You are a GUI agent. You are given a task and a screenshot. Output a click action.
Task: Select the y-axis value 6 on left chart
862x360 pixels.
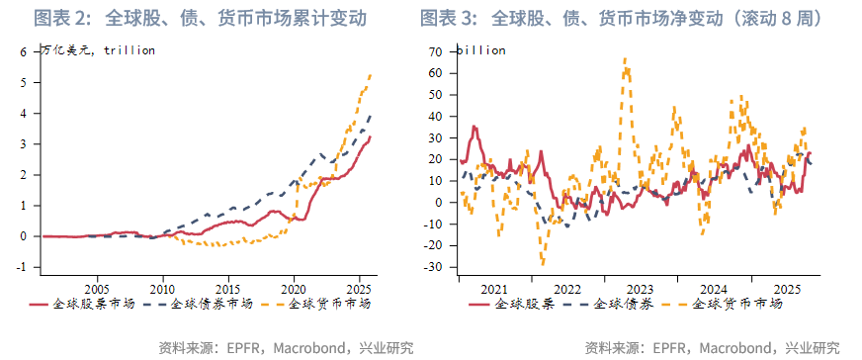point(23,51)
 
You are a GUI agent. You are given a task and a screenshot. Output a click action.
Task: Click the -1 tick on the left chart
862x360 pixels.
point(21,267)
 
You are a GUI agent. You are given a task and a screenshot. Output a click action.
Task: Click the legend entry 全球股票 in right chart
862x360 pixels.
point(524,304)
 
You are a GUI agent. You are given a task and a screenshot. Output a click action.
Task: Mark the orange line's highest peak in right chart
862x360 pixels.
point(625,58)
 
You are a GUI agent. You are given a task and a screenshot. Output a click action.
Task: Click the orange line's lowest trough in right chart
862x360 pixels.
point(543,264)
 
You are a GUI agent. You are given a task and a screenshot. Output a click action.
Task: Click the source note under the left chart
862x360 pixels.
point(286,347)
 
